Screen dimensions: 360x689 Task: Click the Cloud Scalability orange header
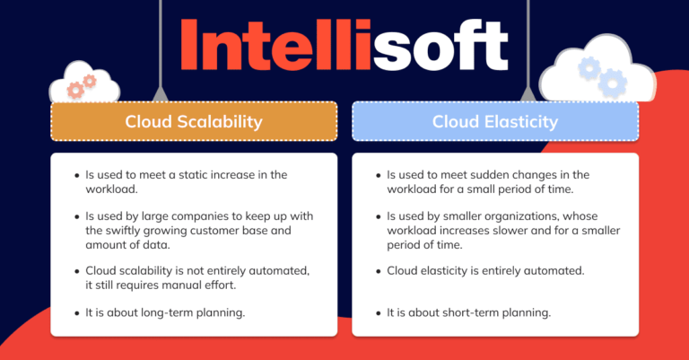(194, 121)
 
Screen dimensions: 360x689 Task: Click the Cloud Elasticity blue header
(494, 121)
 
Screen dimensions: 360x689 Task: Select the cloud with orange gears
(84, 84)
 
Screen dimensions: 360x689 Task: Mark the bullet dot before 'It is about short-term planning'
(377, 312)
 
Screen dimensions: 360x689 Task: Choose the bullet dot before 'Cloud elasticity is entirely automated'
(377, 269)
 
